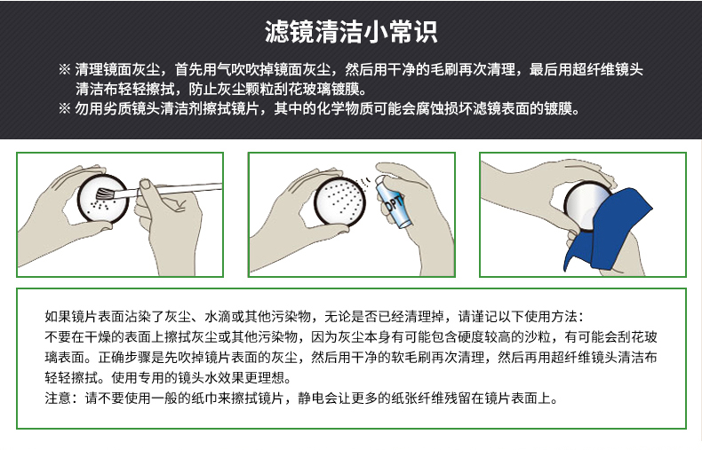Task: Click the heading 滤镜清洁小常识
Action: coord(351,32)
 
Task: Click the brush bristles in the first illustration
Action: coord(105,193)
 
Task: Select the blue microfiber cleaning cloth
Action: coord(607,230)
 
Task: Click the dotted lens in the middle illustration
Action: coord(339,201)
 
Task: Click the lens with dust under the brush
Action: coord(103,199)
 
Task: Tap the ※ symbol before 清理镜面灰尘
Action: coord(65,69)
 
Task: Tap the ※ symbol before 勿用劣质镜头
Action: coord(65,108)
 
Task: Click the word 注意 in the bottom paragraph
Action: coord(58,398)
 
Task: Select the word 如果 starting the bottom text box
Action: coord(58,316)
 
